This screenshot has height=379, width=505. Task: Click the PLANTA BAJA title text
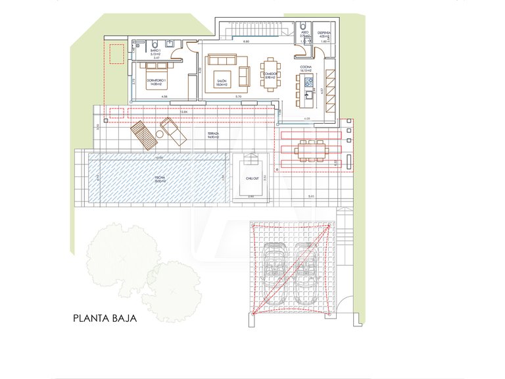(x=105, y=319)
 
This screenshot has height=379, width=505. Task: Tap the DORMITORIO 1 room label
(x=156, y=82)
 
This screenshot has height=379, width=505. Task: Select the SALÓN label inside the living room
(x=222, y=82)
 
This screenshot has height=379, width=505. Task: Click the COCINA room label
(x=306, y=68)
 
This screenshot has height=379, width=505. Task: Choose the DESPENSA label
(x=324, y=34)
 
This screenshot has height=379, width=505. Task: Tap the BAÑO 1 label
(x=156, y=51)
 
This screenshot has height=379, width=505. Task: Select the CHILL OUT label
(x=252, y=178)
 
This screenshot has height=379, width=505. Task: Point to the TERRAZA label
(x=212, y=134)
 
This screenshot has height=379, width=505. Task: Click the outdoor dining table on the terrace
(x=310, y=151)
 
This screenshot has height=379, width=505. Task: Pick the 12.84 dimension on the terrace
(x=184, y=112)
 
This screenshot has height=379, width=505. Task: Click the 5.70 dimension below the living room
(x=239, y=97)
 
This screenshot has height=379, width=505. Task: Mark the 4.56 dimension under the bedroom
(x=164, y=97)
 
